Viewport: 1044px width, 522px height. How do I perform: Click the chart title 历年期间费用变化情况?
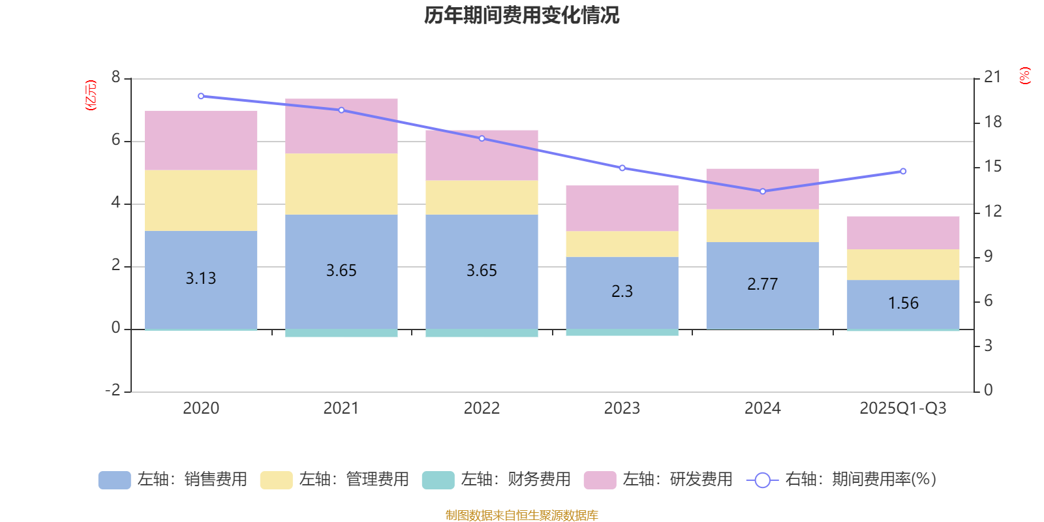pos(521,15)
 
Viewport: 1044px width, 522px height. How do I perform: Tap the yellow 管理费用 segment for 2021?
pos(341,184)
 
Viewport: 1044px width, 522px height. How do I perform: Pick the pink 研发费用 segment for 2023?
pos(622,208)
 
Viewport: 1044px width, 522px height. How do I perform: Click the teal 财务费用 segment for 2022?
pos(482,333)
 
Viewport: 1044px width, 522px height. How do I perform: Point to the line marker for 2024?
pos(763,191)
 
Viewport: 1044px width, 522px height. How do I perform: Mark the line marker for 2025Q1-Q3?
pos(903,172)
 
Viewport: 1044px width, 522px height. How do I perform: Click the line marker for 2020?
pos(201,96)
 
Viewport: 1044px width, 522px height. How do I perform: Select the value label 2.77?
pos(763,284)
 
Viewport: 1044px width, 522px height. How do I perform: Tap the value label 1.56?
pos(903,303)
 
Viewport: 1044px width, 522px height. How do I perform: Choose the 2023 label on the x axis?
pos(622,408)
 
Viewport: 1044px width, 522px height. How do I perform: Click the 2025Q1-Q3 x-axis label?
pos(903,408)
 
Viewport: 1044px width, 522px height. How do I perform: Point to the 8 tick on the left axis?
pos(116,78)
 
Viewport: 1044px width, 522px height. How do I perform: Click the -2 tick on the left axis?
pos(113,390)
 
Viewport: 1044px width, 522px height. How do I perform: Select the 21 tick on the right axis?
pos(992,77)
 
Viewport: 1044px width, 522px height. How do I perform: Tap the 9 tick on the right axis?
pos(989,256)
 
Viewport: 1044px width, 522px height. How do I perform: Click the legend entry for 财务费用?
pos(497,480)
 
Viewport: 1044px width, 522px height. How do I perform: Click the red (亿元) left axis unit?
pos(91,95)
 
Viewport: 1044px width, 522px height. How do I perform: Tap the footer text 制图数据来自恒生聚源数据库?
pos(521,515)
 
